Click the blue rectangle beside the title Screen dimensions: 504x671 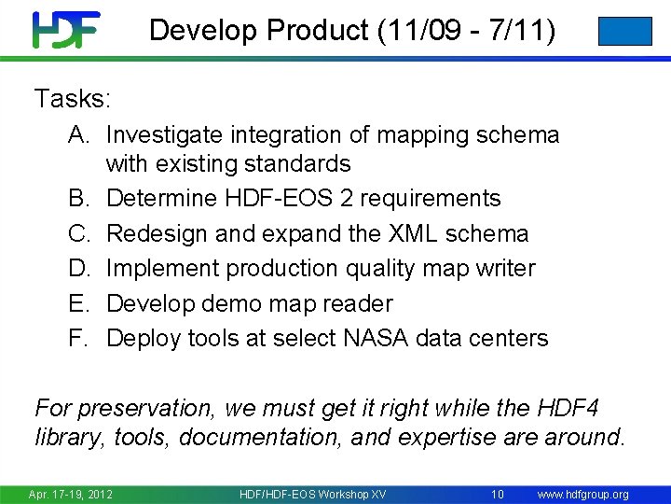624,31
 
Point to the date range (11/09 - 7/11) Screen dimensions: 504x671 467,31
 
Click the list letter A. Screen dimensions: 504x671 78,135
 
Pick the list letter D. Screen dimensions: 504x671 78,269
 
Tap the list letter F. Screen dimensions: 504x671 78,338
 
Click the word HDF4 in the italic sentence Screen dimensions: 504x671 568,408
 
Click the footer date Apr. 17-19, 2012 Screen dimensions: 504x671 70,494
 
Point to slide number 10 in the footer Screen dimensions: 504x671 498,494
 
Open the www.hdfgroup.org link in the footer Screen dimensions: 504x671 583,494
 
